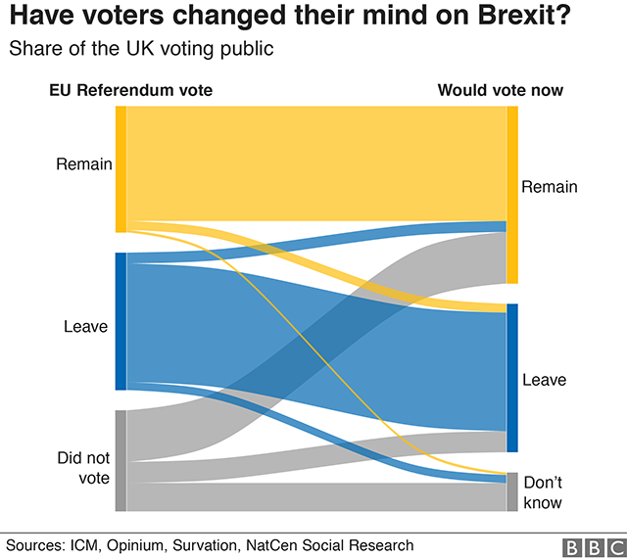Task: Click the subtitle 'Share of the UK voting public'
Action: (141, 48)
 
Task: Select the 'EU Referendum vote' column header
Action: (131, 91)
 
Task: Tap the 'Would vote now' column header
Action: (500, 91)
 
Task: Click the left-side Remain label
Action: (83, 163)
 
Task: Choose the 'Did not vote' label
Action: (83, 468)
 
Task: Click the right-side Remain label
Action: (550, 187)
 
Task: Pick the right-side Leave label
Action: (545, 380)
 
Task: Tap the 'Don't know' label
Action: (543, 492)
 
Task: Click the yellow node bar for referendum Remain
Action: (121, 168)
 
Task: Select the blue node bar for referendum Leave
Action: (121, 321)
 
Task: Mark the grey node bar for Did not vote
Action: (121, 460)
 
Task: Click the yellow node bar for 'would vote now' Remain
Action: (511, 194)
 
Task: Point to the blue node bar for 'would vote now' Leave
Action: (511, 378)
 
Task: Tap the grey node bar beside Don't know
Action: (511, 491)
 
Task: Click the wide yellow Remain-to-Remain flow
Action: (313, 162)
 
